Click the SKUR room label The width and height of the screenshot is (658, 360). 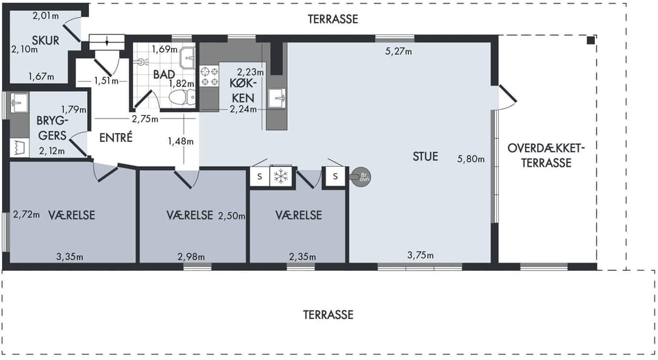45,40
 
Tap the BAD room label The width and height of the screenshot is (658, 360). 164,74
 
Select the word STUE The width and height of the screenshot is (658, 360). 425,156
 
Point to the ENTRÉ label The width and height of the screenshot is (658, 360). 116,137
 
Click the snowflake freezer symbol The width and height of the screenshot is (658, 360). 280,176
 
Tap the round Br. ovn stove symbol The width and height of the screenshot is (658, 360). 361,177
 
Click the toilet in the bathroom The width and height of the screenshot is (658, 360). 183,98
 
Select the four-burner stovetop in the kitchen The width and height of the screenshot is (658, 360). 209,76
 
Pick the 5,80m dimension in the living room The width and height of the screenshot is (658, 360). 470,159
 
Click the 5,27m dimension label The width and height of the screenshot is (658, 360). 398,51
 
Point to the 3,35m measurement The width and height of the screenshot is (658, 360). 70,256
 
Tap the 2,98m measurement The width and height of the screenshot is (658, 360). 191,256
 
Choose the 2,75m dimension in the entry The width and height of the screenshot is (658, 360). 145,119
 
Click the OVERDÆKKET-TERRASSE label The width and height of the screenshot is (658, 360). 546,155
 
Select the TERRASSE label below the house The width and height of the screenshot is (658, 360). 328,315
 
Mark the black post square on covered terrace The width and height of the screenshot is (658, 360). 590,40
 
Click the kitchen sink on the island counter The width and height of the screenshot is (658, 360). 276,98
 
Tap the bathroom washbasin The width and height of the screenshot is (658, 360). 187,58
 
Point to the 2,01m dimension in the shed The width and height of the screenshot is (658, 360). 45,16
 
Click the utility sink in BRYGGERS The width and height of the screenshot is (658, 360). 19,103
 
